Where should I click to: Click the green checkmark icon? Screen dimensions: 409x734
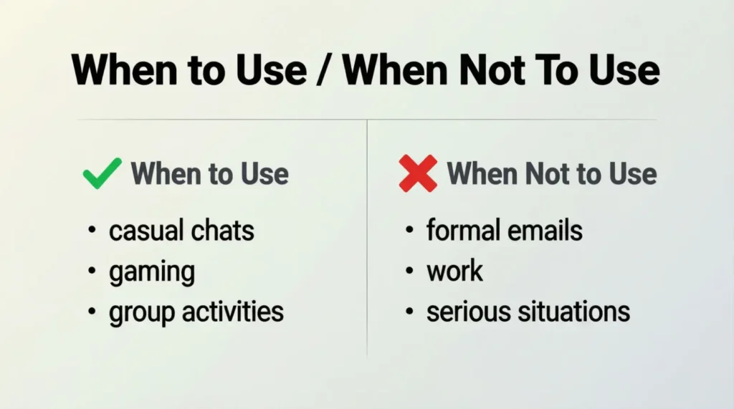pos(102,174)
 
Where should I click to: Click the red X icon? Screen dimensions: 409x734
pos(418,173)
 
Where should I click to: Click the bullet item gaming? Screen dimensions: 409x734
pos(151,273)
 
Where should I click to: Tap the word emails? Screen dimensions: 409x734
pos(548,231)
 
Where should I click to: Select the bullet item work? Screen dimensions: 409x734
pos(455,271)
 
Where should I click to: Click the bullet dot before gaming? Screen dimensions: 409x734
pos(92,272)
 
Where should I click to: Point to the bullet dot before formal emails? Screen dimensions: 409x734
pos(409,231)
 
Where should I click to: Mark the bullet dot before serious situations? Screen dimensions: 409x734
pos(409,312)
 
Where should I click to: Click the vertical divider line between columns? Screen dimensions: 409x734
pos(367,236)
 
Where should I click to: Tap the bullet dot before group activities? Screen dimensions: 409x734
pos(92,312)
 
